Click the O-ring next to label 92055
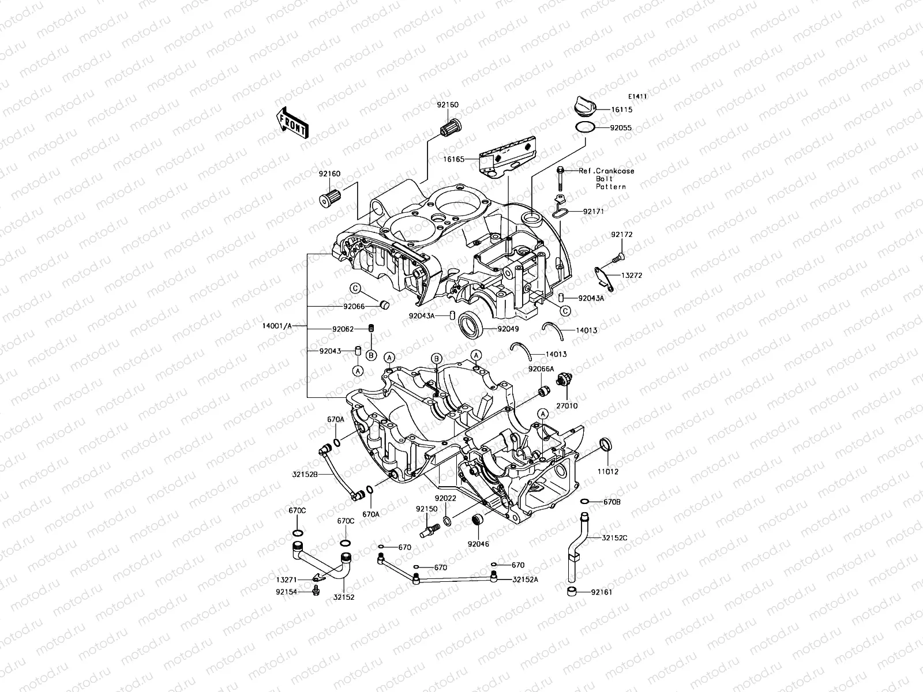pos(584,127)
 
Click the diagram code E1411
pos(637,97)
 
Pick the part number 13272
pos(631,276)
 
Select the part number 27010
pos(566,406)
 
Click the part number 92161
pos(601,592)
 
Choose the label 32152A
pos(525,580)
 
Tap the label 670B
pos(611,502)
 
